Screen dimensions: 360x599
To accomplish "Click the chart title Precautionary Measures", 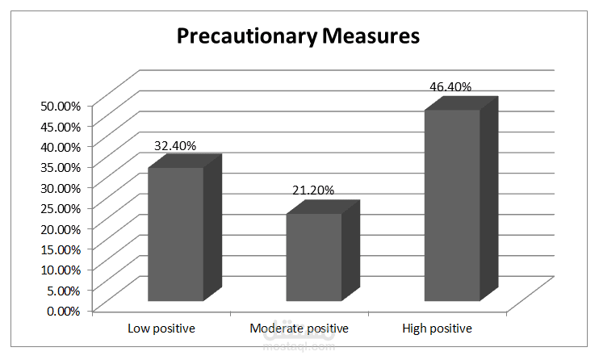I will coord(298,36).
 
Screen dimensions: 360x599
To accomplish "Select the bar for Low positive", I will coord(175,234).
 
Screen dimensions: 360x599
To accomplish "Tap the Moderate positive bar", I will coord(313,257).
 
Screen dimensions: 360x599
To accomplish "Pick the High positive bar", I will coord(452,205).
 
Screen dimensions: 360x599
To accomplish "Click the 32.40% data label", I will coord(175,145).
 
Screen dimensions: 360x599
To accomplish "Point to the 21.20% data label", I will coord(313,190).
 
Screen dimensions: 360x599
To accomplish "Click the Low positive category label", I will coord(161,329).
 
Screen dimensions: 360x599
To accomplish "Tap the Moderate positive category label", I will coord(299,329).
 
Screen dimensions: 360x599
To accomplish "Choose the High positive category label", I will coord(437,329).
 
